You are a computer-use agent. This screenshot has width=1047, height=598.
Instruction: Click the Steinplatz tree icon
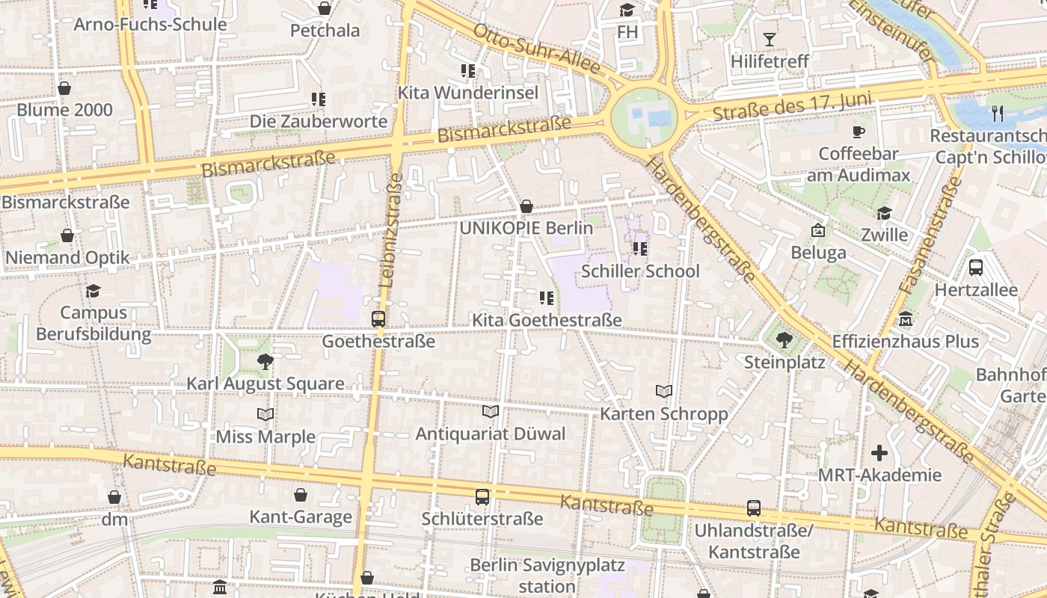(784, 340)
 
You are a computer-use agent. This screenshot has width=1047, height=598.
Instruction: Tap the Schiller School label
(640, 271)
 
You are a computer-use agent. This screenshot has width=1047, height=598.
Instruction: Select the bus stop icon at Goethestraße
(378, 319)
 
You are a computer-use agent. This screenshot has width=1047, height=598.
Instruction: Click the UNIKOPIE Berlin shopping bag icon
(526, 206)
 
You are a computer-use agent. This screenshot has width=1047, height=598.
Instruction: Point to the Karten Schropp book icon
(663, 391)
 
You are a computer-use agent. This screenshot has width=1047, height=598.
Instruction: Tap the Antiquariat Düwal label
(491, 434)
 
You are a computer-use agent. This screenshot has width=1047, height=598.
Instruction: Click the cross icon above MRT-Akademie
(879, 453)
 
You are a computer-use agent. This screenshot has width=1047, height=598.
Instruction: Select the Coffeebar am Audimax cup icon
(859, 132)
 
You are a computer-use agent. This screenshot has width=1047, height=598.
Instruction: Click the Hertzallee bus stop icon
(975, 268)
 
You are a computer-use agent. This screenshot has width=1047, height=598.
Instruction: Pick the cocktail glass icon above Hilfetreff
(770, 40)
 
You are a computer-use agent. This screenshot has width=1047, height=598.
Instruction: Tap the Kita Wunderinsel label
(468, 93)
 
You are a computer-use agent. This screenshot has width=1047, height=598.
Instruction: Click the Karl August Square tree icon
(265, 363)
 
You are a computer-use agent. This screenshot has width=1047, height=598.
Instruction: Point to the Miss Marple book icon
(265, 414)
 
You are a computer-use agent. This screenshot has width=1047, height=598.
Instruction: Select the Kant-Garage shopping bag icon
(300, 495)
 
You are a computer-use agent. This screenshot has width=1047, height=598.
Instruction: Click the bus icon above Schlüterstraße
(482, 496)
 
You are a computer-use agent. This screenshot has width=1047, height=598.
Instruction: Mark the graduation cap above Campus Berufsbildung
(93, 291)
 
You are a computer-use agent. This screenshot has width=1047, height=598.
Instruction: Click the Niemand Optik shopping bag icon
(67, 236)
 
